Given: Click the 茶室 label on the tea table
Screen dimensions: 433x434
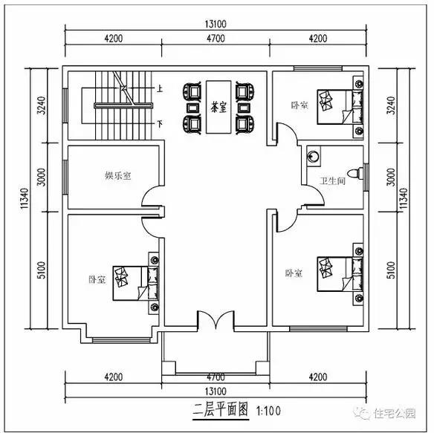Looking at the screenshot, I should (218, 107).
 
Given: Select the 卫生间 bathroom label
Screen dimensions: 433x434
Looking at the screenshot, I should (331, 180).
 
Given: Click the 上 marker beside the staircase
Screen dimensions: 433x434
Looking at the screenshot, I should (160, 88).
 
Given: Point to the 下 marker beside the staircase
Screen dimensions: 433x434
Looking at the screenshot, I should (160, 123).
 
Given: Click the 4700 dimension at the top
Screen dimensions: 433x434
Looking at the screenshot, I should (216, 39).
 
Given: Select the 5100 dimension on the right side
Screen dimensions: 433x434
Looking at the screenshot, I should (392, 270).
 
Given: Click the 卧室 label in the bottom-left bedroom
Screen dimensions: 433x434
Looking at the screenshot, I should (97, 280).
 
